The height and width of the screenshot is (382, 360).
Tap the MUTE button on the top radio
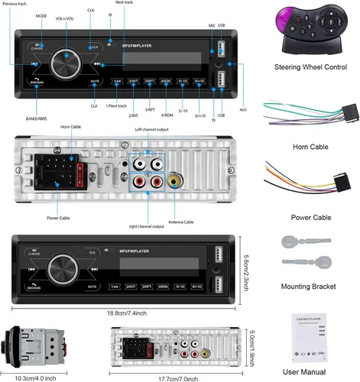click(95, 80)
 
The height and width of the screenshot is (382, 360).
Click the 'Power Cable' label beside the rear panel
click(58, 218)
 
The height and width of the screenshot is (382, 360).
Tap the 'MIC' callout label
click(212, 25)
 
